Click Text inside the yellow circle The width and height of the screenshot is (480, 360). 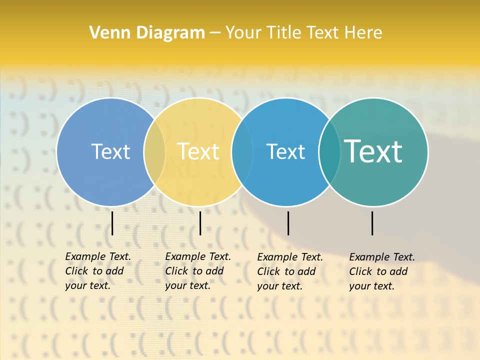pyautogui.click(x=198, y=151)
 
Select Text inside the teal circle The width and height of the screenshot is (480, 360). pyautogui.click(x=373, y=151)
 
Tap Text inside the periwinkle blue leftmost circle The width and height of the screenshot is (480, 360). pyautogui.click(x=110, y=151)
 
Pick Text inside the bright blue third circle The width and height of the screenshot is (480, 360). pyautogui.click(x=285, y=151)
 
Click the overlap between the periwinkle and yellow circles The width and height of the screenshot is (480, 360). pyautogui.click(x=154, y=151)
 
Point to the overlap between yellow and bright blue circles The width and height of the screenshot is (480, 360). pyautogui.click(x=242, y=151)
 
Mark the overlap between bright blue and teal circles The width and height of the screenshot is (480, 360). pyautogui.click(x=329, y=151)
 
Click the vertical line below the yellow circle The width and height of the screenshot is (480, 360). pyautogui.click(x=200, y=223)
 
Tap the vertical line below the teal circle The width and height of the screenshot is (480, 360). pyautogui.click(x=372, y=223)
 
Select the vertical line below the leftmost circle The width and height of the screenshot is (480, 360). pyautogui.click(x=112, y=223)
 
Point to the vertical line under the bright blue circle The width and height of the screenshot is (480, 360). pyautogui.click(x=288, y=223)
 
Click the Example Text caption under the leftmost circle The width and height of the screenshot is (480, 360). pyautogui.click(x=97, y=271)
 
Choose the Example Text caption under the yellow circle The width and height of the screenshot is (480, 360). pyautogui.click(x=197, y=271)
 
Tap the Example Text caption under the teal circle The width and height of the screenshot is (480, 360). pyautogui.click(x=381, y=271)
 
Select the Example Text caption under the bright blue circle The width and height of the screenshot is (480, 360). pyautogui.click(x=289, y=271)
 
